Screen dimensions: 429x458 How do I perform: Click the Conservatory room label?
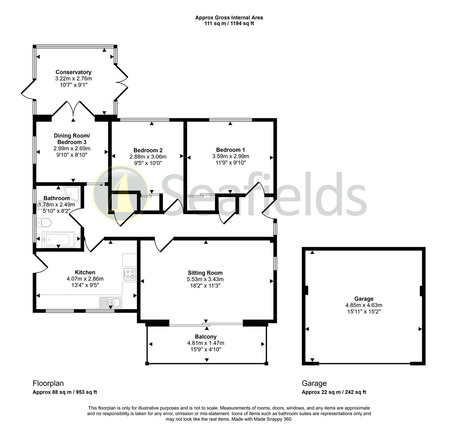coord(73,72)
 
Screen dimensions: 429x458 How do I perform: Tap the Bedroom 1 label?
coord(230,150)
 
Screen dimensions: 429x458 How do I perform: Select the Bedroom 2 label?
coord(148,150)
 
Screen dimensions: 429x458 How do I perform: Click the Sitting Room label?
coord(205,273)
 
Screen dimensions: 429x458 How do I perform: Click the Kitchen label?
coord(85,272)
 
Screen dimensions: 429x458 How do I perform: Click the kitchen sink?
coord(110,303)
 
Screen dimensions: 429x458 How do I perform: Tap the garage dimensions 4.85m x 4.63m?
coord(364,305)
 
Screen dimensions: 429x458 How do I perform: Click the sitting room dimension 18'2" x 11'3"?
coord(205,286)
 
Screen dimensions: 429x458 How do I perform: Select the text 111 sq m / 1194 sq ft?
coord(229,23)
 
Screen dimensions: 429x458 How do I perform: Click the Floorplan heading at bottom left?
coord(48,383)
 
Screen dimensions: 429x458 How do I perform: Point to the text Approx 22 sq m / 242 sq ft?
coord(334,392)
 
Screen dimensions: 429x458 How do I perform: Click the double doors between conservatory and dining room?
coord(73,109)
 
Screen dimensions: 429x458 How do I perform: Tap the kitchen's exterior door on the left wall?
coord(40,263)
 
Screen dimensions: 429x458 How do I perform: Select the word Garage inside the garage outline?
coord(363,299)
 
